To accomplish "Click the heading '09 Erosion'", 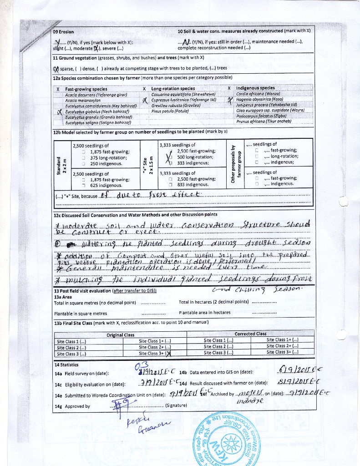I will (x=63, y=32).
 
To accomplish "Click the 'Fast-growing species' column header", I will (x=86, y=89).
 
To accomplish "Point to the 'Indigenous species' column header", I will (x=255, y=88).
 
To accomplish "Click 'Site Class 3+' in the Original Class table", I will (x=155, y=353).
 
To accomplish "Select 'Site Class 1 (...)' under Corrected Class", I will (x=218, y=340).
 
